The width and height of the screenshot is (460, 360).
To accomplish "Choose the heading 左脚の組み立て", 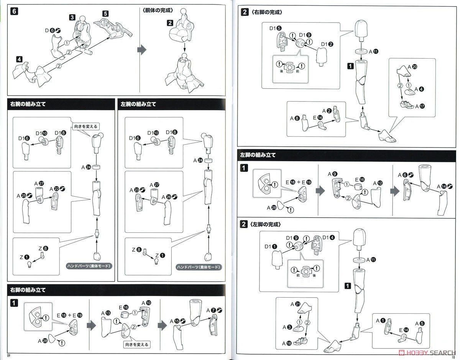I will click(258, 155).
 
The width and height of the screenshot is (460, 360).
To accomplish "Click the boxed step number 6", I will click(14, 11).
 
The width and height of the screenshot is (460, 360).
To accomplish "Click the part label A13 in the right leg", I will click(106, 313).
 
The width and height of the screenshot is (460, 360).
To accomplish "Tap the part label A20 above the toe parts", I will click(412, 66).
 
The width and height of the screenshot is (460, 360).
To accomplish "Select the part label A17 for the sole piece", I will click(421, 106).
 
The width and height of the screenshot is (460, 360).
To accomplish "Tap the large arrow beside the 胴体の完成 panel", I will click(142, 50).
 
